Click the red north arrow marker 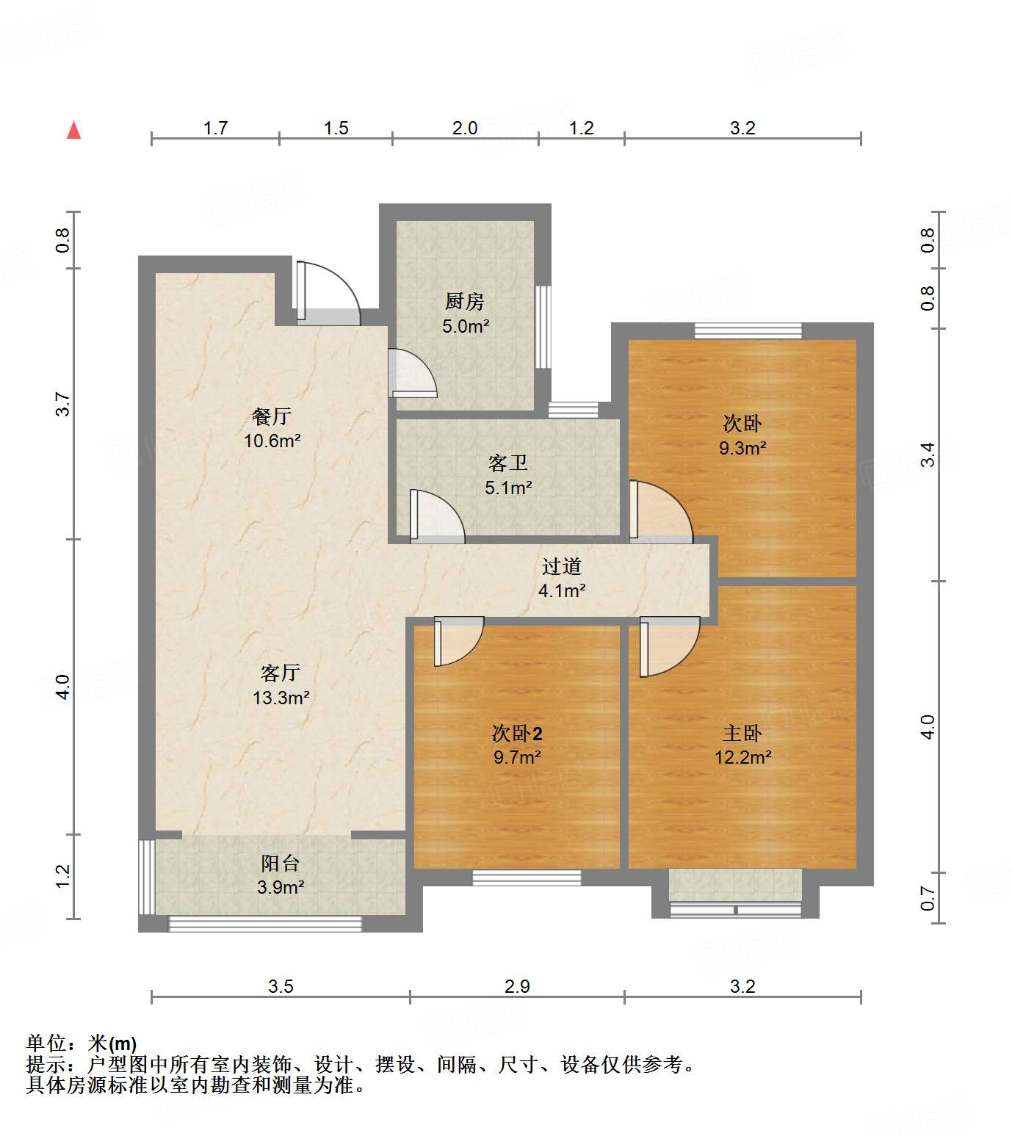(73, 130)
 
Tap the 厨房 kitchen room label (464, 301)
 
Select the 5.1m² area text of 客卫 (508, 488)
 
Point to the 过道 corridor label (561, 566)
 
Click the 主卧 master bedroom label (742, 733)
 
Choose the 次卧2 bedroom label (516, 733)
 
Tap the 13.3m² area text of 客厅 (281, 698)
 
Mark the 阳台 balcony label (280, 864)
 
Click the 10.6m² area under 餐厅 (272, 441)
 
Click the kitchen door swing (412, 373)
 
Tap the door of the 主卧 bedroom (668, 645)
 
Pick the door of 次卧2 (457, 640)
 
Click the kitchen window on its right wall (543, 327)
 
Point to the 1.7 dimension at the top (215, 129)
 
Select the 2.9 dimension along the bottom (517, 986)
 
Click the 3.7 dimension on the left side (63, 405)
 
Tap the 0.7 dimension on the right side (928, 897)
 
